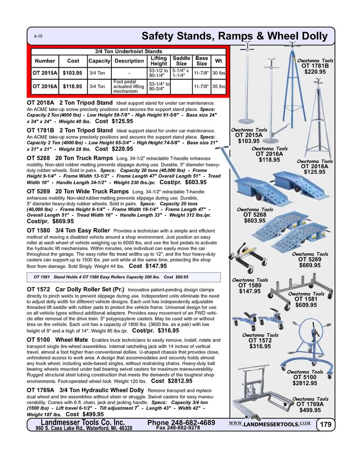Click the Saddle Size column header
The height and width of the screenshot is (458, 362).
click(x=181, y=61)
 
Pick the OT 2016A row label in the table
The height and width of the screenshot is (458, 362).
click(x=44, y=87)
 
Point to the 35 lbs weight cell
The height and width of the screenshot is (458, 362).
click(x=219, y=87)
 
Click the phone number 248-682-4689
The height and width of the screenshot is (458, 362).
click(x=181, y=423)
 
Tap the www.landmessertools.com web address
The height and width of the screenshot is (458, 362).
click(x=269, y=424)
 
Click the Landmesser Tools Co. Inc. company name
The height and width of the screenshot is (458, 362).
click(x=82, y=422)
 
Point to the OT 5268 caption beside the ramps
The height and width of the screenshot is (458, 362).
click(x=262, y=215)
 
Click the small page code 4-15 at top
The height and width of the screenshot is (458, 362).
click(x=38, y=37)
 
